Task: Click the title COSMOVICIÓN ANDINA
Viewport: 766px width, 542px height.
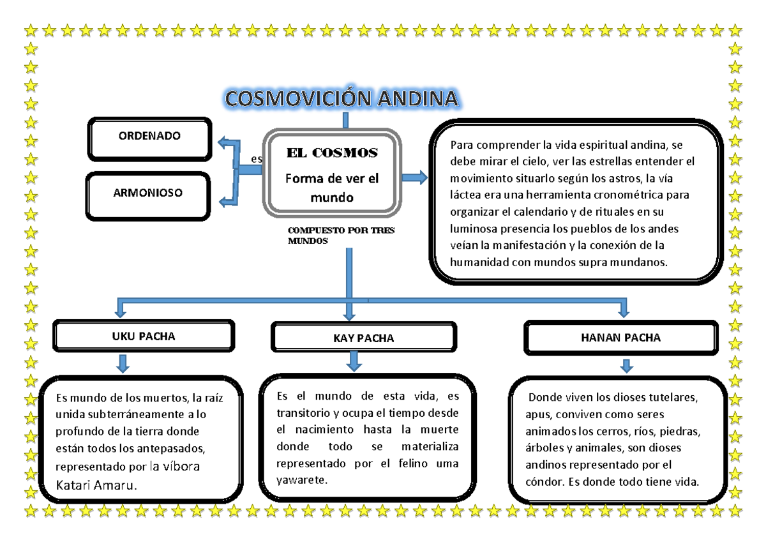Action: pyautogui.click(x=342, y=99)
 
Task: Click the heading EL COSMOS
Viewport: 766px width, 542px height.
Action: pyautogui.click(x=332, y=153)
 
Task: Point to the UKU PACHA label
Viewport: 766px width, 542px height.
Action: pyautogui.click(x=144, y=336)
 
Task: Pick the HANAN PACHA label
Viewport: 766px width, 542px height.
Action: pyautogui.click(x=621, y=338)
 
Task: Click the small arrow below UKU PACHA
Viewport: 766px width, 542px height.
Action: pyautogui.click(x=123, y=364)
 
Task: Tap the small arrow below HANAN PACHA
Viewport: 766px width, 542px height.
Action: pyautogui.click(x=627, y=366)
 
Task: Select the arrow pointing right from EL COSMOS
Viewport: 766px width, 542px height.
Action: pyautogui.click(x=414, y=177)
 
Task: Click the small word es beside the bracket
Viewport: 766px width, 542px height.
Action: pyautogui.click(x=256, y=159)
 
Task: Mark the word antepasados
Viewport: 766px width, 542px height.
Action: pyautogui.click(x=177, y=448)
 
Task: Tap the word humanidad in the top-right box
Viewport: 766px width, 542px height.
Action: pyautogui.click(x=479, y=262)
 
